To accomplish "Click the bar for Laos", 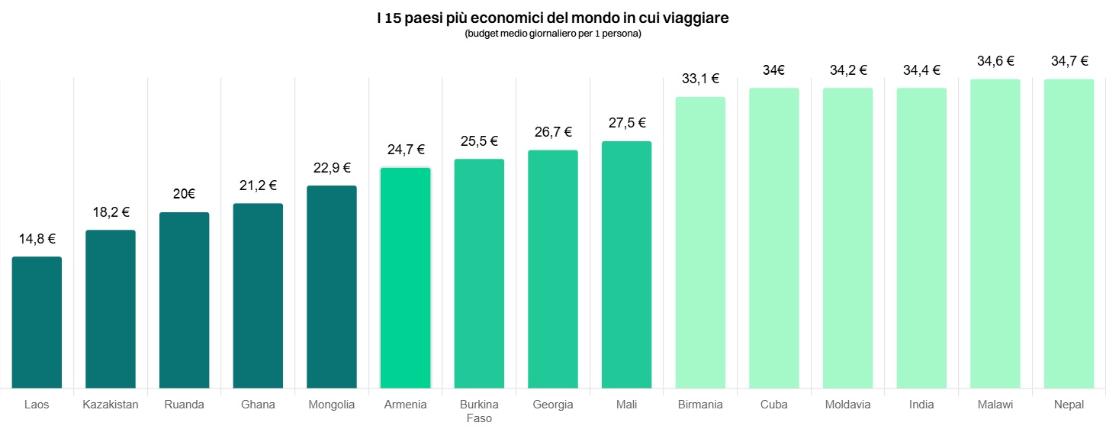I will [37, 322].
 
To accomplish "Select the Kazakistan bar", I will [111, 309].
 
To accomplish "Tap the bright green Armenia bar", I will [405, 278].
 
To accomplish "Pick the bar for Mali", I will [626, 265].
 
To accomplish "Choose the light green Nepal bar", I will [1069, 234].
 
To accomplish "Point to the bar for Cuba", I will [773, 238].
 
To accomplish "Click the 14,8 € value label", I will [37, 239].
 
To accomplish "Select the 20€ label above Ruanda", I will [184, 194].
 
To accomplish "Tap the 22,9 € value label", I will [332, 168].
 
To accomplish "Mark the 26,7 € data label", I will [553, 132].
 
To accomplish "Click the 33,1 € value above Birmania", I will [700, 78].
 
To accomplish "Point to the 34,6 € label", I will [995, 61].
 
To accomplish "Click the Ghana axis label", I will [258, 405].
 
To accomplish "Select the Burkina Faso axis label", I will [479, 411].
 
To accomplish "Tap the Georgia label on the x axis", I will [553, 405].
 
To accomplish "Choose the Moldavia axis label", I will [847, 405].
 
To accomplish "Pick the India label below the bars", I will [921, 405].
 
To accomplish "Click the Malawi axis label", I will [995, 405].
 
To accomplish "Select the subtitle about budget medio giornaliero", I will [553, 34].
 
